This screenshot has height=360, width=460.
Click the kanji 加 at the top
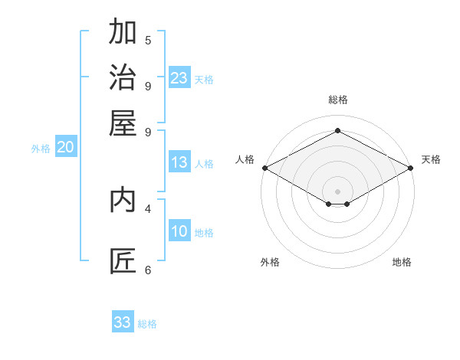point(123,31)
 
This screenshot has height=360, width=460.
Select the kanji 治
point(123,77)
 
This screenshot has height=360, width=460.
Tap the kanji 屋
point(123,123)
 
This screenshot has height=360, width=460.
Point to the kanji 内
point(123,200)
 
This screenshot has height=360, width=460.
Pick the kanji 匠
point(123,261)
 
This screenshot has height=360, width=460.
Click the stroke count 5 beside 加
point(148,40)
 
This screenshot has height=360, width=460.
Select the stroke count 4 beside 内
point(148,209)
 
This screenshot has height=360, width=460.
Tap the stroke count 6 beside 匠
point(148,270)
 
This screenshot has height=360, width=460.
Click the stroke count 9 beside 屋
point(148,133)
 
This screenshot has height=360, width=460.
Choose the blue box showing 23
point(179,77)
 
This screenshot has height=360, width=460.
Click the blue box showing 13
point(179,162)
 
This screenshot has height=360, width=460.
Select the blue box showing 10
point(179,230)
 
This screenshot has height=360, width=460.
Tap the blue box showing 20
point(66,146)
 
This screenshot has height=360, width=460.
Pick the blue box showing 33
point(123,321)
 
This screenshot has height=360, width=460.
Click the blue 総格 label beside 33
point(147,324)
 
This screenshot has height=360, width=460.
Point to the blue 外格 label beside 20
point(41,149)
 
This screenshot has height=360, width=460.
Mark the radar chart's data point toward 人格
point(265,168)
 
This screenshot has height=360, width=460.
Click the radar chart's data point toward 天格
point(411,168)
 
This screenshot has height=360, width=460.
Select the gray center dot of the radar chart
point(337,191)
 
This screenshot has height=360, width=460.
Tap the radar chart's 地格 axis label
point(402,262)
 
